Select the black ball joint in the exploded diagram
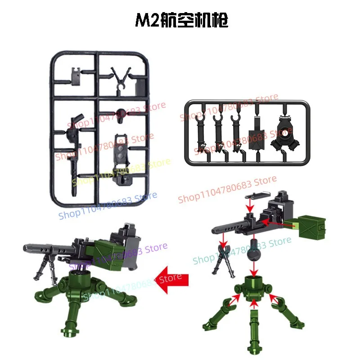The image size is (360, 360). click(254, 252)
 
